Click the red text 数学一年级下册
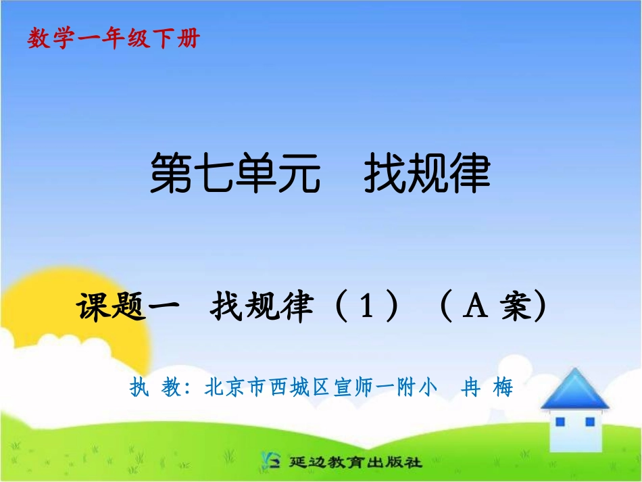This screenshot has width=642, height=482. point(114,39)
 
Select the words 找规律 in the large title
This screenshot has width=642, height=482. point(426,174)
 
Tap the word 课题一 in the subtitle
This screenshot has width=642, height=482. point(128,308)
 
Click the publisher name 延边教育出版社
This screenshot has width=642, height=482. point(355,463)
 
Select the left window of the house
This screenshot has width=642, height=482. point(560,422)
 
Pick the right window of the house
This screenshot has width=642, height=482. point(589,422)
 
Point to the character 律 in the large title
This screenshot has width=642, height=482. point(469,174)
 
